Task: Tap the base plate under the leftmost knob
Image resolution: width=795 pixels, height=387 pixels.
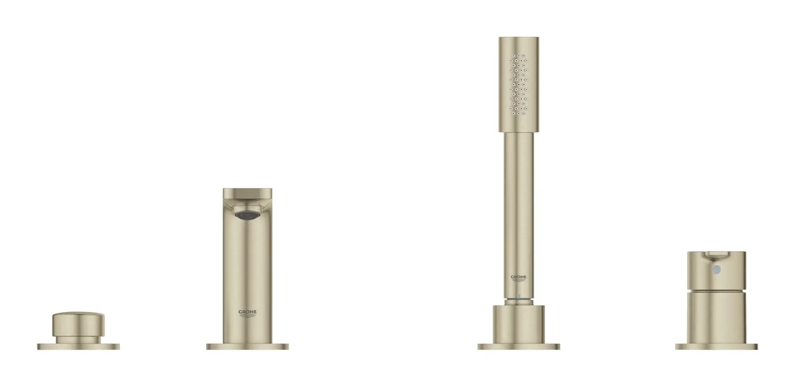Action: [78, 346]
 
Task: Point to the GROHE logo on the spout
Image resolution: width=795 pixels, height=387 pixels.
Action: [247, 313]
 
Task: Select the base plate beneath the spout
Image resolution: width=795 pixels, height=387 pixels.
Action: [247, 346]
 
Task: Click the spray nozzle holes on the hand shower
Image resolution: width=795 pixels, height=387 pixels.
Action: [519, 86]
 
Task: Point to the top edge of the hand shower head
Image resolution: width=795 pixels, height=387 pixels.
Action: [519, 39]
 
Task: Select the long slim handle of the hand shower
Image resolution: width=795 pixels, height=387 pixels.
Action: [519, 199]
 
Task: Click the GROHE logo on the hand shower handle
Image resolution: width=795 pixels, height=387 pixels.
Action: [519, 278]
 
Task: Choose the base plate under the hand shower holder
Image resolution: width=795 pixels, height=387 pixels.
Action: [519, 346]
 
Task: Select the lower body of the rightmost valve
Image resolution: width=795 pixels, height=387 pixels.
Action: [717, 318]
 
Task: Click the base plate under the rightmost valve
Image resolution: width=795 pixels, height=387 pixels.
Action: [717, 346]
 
